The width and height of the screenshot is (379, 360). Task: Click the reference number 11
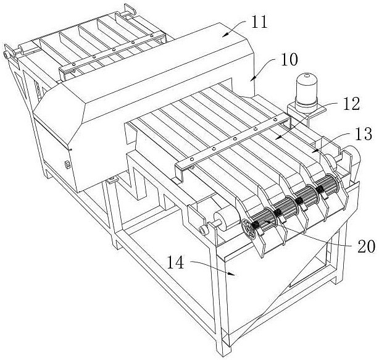[259, 22]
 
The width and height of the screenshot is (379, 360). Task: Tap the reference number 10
[289, 59]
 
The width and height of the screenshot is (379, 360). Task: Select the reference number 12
[351, 104]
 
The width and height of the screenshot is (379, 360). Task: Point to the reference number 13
[364, 134]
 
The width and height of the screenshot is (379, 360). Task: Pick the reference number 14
[175, 263]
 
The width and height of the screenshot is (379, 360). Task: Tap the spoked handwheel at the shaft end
[249, 228]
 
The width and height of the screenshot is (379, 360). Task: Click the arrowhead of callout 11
[225, 34]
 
